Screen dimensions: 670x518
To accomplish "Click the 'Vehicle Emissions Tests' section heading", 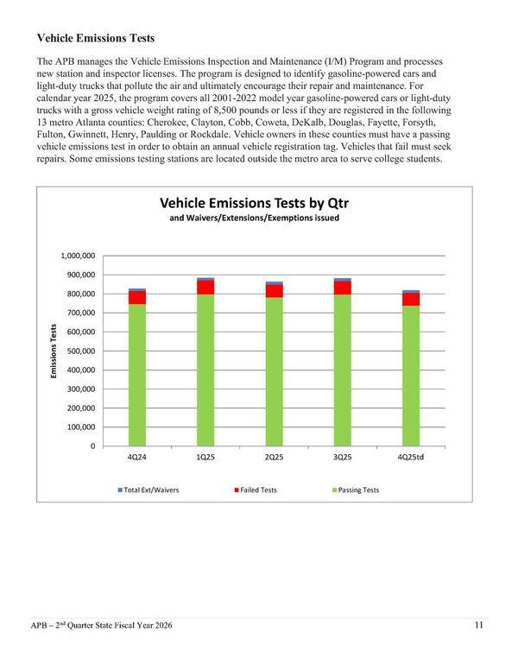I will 94,39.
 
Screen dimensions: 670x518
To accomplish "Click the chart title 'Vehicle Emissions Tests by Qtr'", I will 260,203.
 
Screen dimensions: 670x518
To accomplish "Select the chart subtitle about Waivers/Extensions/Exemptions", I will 260,219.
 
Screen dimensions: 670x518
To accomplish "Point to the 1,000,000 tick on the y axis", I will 77,256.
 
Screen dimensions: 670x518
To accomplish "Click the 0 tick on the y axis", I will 92,446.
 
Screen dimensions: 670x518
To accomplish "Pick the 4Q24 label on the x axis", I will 137,458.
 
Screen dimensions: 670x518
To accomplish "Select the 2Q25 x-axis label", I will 275,458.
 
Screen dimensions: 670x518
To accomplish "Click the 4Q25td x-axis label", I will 411,458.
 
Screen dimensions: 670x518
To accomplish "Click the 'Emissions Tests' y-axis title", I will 54,351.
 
